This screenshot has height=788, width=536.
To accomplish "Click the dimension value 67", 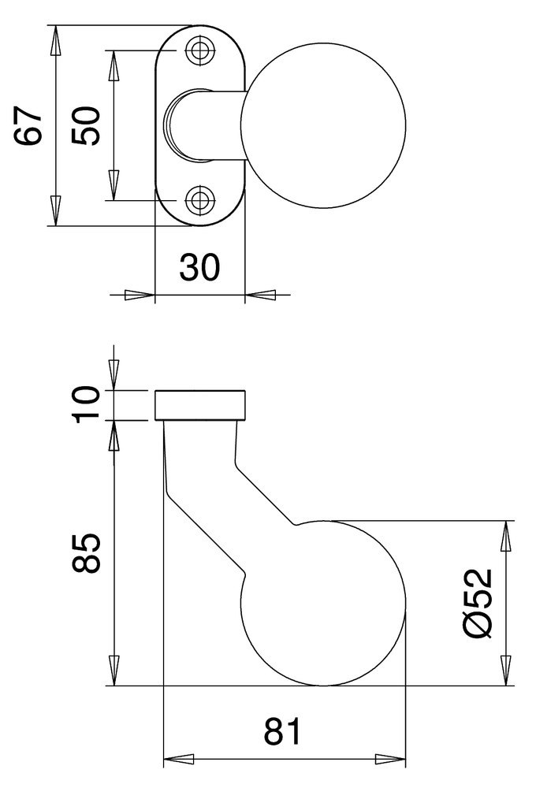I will pos(28,125).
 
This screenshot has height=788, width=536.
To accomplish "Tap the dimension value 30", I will pos(199,269).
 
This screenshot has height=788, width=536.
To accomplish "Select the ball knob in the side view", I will pos(323,603).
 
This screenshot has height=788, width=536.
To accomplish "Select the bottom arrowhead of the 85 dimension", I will pos(114,671).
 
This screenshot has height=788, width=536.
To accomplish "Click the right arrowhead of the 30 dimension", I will pos(261,295).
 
